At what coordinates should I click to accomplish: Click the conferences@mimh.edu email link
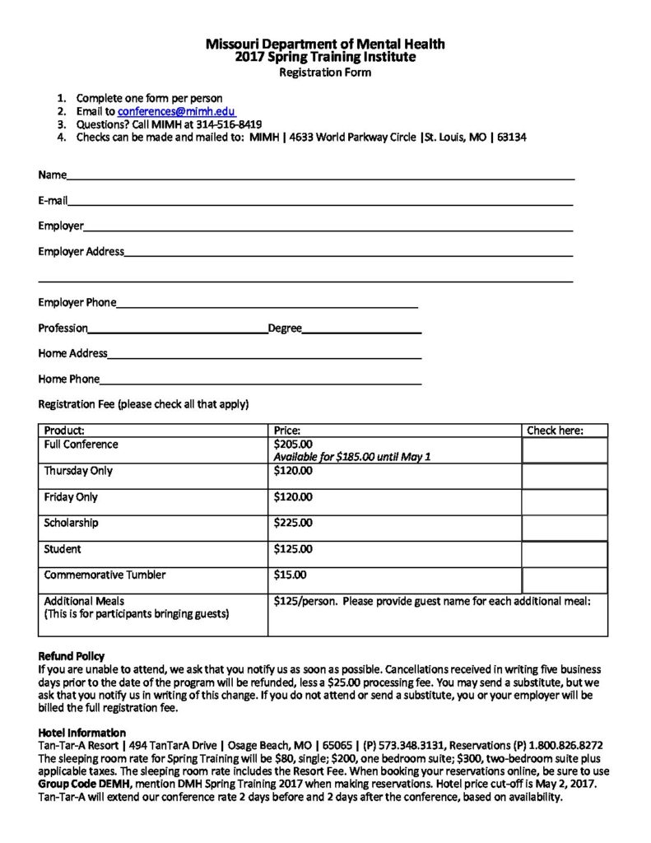tap(177, 110)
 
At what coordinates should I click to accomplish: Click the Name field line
tap(321, 176)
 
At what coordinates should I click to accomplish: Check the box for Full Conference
tap(565, 450)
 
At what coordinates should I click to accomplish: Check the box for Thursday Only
tap(565, 476)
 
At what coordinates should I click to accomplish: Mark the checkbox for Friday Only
tap(565, 502)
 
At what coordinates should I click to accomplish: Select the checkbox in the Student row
tap(565, 554)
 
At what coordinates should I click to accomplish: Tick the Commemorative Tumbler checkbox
tap(565, 580)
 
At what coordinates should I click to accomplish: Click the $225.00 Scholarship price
tap(293, 523)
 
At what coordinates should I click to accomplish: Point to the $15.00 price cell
tap(290, 575)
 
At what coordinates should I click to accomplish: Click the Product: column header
tap(65, 431)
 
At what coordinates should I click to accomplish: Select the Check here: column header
tap(555, 431)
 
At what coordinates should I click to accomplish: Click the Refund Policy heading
tap(72, 656)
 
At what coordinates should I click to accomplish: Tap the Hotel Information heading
tap(82, 733)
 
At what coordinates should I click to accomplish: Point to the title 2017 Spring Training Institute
tap(325, 58)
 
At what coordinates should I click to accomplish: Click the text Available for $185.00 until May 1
tap(352, 457)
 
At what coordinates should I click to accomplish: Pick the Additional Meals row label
tap(84, 601)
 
